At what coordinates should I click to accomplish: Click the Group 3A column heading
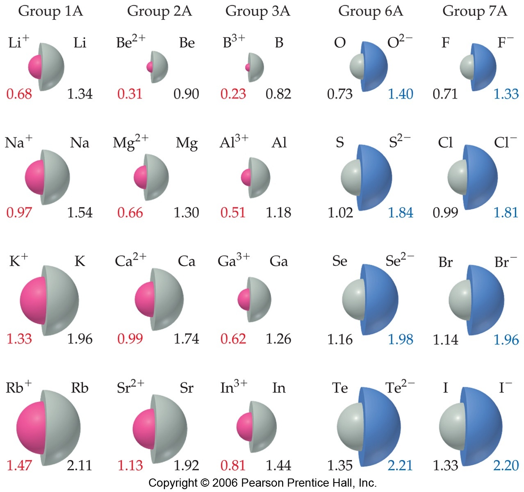[257, 11]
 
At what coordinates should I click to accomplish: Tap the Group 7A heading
[474, 11]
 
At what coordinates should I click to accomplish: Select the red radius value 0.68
[19, 94]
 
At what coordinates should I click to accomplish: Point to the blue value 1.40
[400, 94]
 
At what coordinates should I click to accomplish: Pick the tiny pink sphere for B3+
[248, 67]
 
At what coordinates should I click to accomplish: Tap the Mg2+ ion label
[130, 142]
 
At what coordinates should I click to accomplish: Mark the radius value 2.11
[80, 465]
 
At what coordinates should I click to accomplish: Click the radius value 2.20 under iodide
[506, 465]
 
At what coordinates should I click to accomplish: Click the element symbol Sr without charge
[187, 388]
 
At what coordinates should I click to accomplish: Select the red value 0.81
[233, 465]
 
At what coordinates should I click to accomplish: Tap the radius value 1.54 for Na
[80, 212]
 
